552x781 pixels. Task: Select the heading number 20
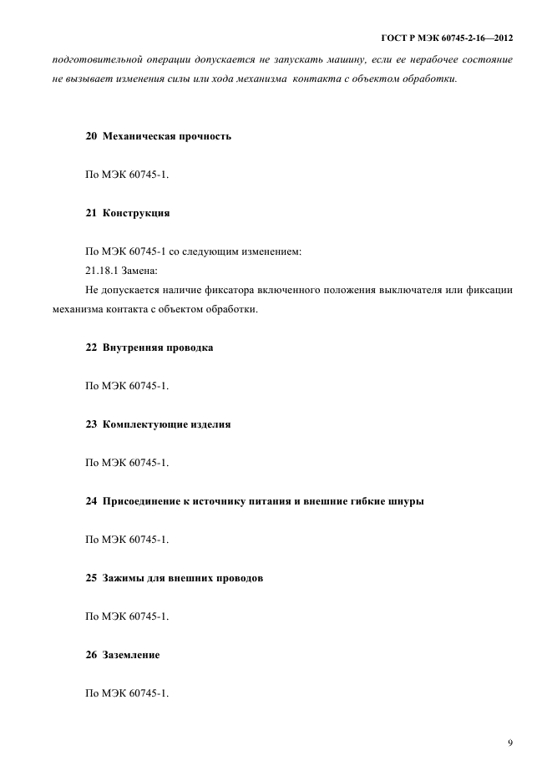[x=91, y=135]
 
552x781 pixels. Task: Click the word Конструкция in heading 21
[x=136, y=213]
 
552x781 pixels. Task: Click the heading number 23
[x=91, y=423]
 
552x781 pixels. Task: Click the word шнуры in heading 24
[x=404, y=501]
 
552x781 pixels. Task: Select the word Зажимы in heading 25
[x=123, y=578]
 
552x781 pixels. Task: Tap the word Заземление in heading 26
[x=131, y=655]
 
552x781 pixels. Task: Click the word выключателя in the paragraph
[x=415, y=291]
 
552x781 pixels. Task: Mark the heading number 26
[x=91, y=655]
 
